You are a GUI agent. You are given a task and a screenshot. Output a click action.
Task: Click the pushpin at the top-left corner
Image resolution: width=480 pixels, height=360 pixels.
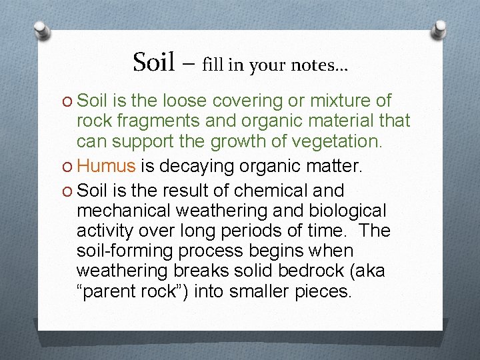(x=43, y=30)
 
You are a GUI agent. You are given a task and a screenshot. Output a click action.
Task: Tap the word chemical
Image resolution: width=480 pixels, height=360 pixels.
(x=270, y=191)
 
